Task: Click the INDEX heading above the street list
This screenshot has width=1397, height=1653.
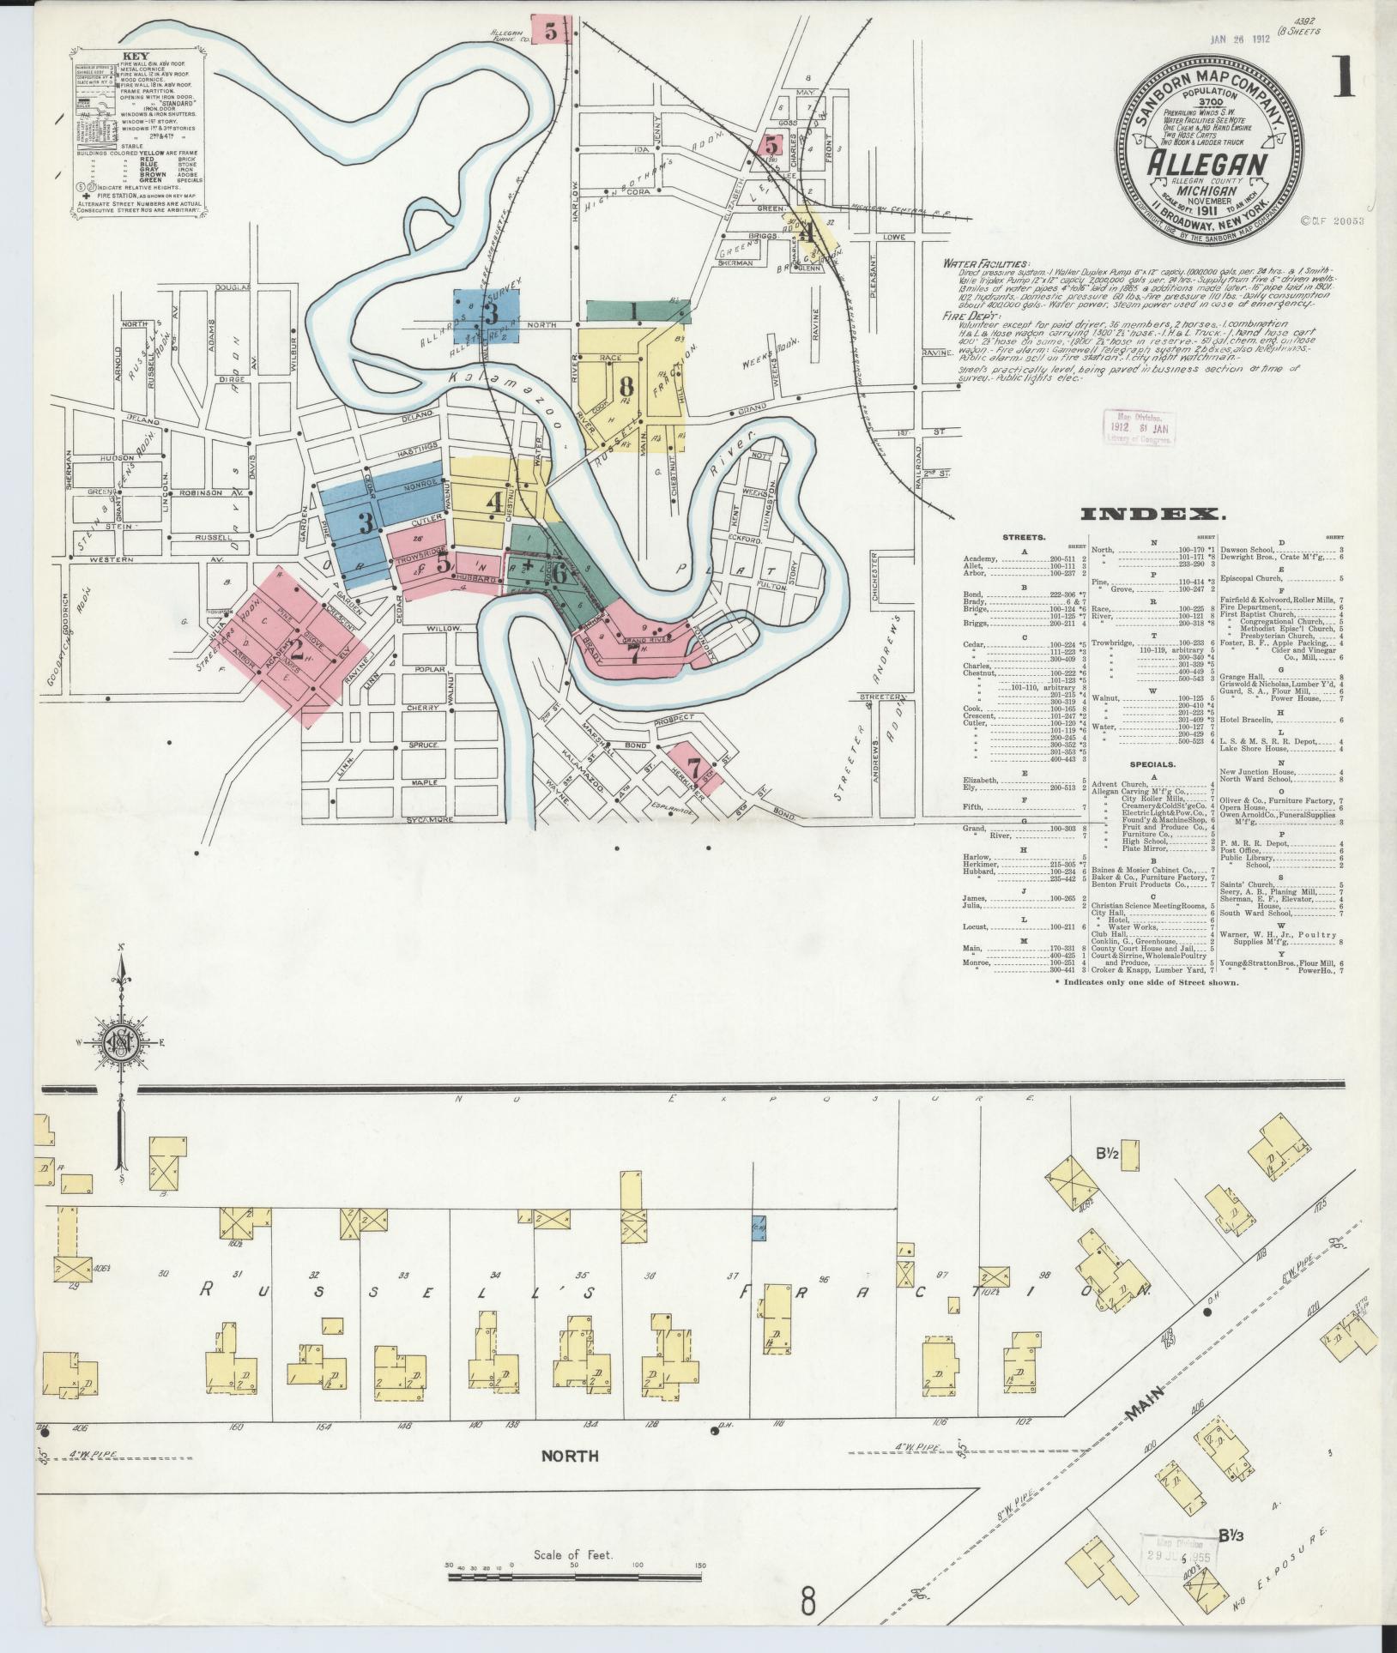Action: point(1152,514)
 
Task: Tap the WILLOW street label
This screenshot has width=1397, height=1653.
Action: point(446,628)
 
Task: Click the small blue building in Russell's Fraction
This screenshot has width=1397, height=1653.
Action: point(759,1227)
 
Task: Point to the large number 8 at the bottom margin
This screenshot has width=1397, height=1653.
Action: point(807,1602)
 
